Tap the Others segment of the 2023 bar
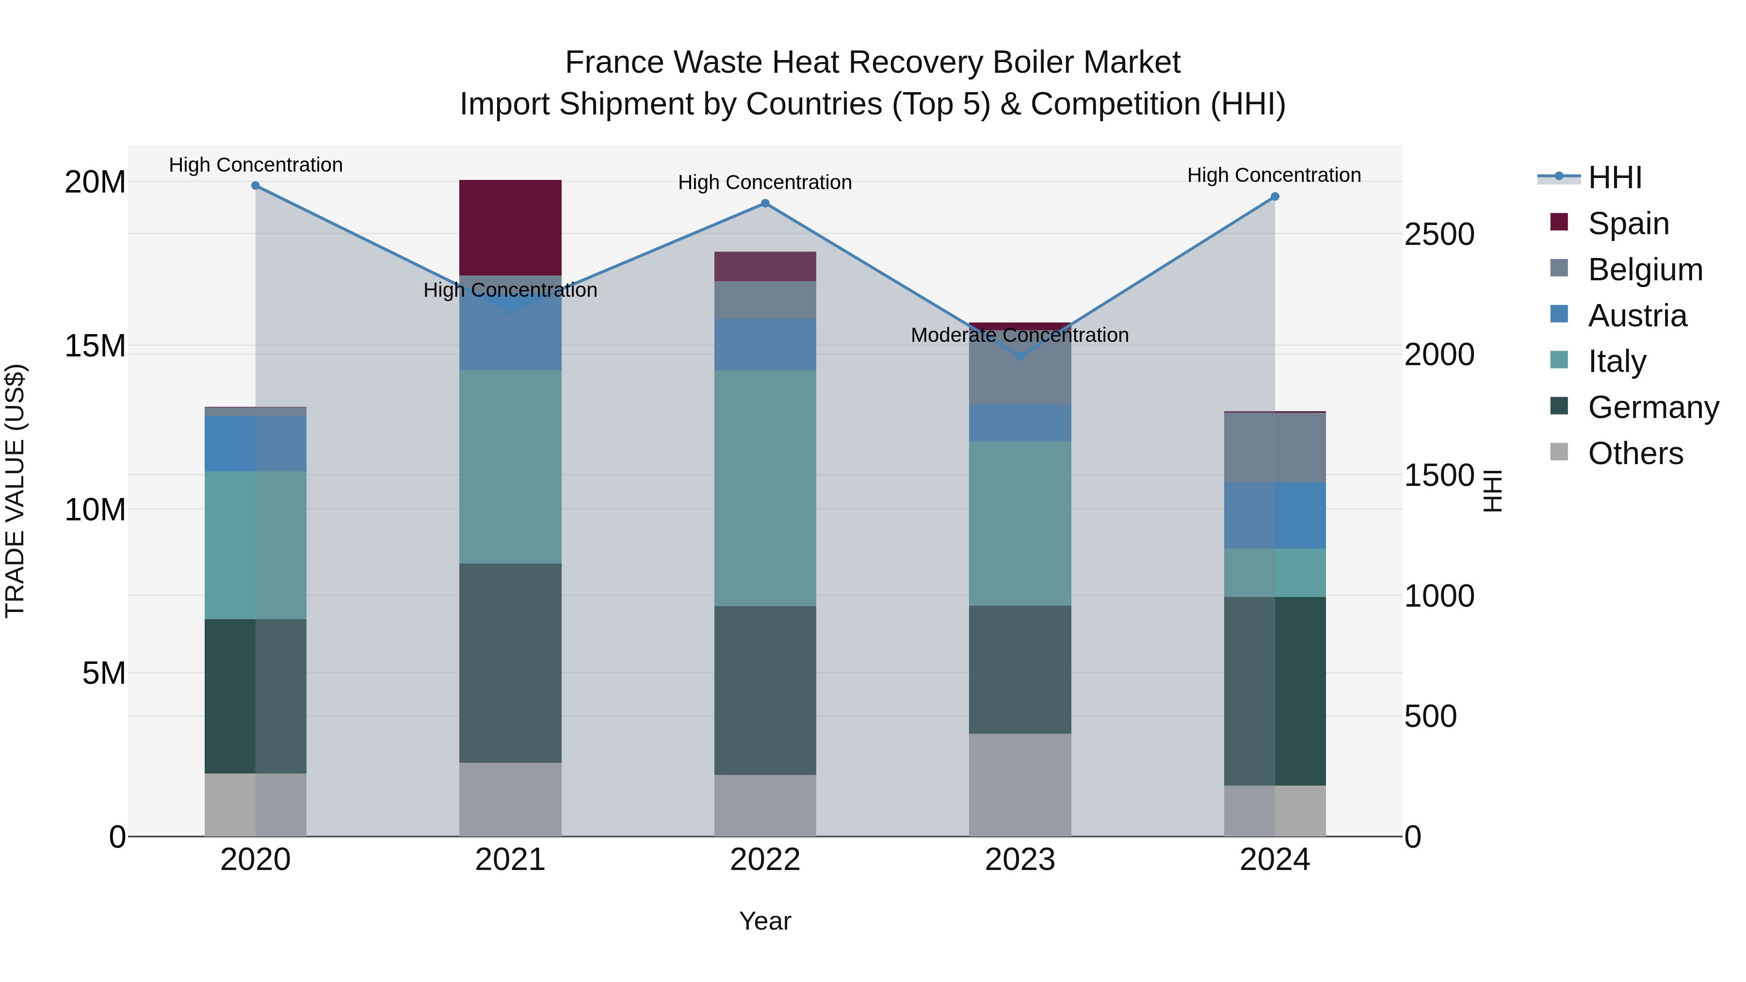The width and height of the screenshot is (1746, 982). [1019, 784]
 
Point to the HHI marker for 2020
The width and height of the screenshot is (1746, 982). [256, 186]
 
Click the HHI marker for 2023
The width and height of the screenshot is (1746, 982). [1019, 356]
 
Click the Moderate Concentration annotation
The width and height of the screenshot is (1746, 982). [1019, 335]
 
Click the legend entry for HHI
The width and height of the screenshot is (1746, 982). [1615, 177]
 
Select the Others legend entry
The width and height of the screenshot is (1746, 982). [1635, 453]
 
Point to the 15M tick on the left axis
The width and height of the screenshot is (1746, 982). [95, 346]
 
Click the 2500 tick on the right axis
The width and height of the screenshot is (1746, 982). [1439, 235]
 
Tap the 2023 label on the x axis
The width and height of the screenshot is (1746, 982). [1019, 860]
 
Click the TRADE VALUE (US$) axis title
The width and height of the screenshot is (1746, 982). [15, 491]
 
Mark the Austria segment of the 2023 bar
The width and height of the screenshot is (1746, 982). [1019, 423]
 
